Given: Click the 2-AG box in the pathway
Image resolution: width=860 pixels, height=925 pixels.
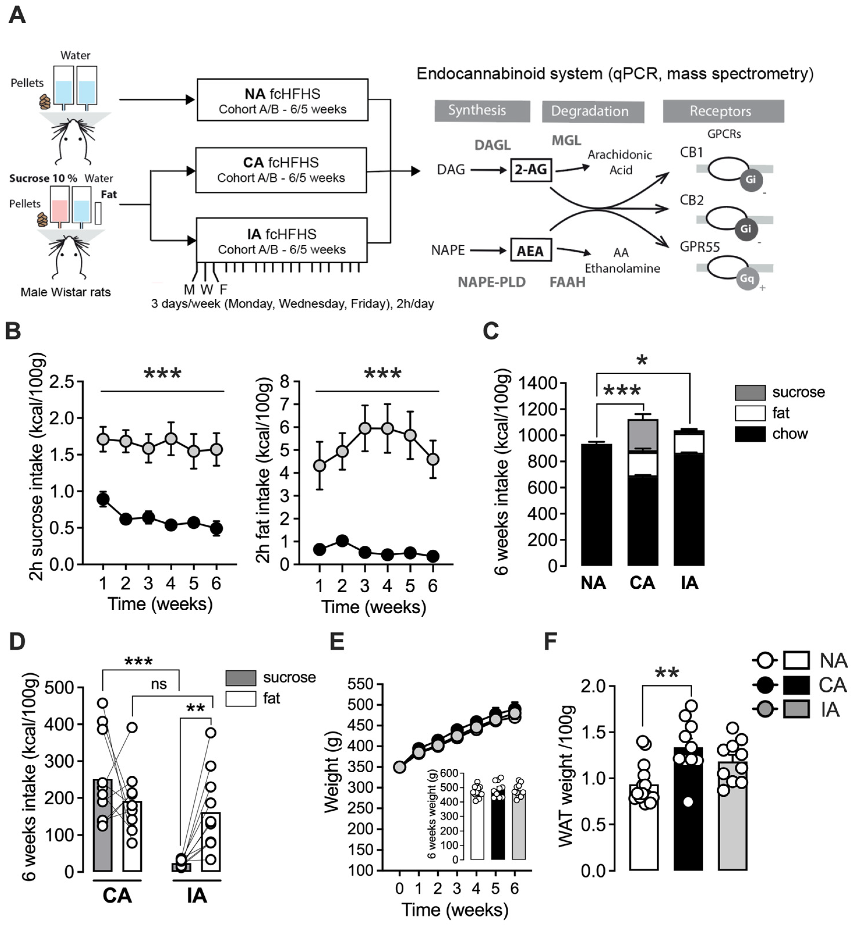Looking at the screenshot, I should click(530, 170).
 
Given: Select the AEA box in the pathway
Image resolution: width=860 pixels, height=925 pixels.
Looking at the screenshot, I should click(530, 251).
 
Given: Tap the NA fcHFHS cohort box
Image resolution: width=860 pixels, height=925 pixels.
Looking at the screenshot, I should click(282, 100).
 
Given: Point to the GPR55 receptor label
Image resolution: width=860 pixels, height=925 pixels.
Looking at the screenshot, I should click(700, 247).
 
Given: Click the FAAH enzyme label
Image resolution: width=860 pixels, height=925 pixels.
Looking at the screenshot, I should click(567, 282).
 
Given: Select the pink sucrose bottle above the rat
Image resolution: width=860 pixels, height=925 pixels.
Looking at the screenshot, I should click(60, 210).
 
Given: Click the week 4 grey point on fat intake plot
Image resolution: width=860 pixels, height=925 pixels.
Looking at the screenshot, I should click(387, 428).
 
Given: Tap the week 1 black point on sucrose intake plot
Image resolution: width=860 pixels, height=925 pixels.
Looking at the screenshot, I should click(103, 499).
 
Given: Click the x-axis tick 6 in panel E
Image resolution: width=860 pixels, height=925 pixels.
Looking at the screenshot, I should click(514, 889).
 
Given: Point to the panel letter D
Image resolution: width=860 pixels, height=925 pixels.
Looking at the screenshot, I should click(17, 641).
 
